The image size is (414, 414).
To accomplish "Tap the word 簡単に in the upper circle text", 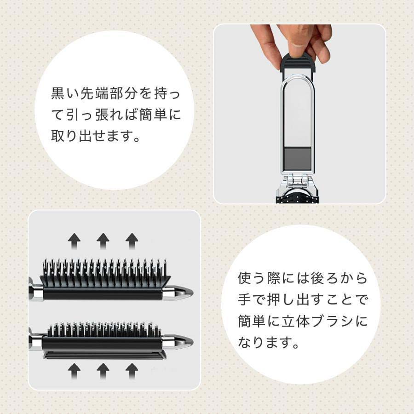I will click(x=158, y=115).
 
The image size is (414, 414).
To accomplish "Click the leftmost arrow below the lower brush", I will click(x=74, y=369).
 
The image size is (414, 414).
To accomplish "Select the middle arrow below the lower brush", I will click(x=103, y=369).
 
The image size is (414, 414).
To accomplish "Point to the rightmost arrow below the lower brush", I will click(x=132, y=369).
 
